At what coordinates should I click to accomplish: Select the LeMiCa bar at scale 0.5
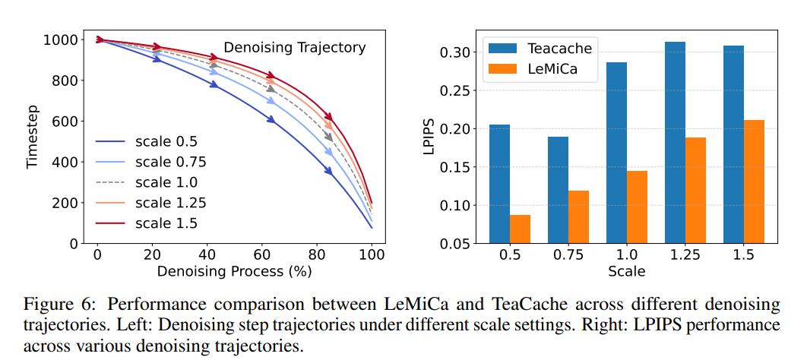coord(520,229)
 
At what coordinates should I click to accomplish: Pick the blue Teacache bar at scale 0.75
coord(558,190)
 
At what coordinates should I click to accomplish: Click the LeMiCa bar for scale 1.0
coord(637,207)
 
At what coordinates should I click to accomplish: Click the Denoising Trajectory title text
coord(294,48)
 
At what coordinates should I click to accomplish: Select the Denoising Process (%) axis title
coord(234,270)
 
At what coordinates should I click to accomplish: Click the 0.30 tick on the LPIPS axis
coord(458,52)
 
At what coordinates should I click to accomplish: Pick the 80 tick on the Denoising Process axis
coord(317,254)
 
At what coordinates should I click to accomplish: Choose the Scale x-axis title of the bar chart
coord(627,270)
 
